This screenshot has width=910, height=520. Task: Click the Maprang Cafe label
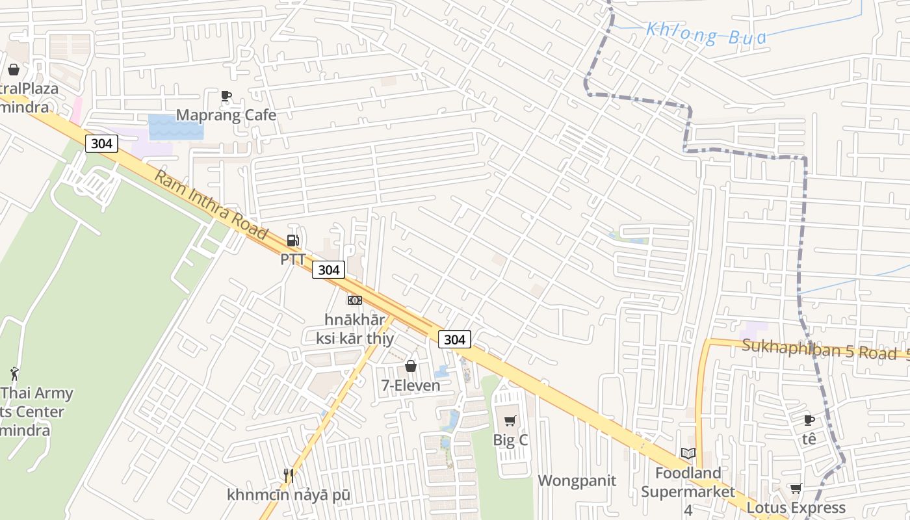click(x=226, y=115)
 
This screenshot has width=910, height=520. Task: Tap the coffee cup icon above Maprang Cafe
click(x=226, y=96)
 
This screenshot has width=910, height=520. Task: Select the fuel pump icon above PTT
click(x=293, y=241)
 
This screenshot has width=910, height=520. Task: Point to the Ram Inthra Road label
click(x=211, y=204)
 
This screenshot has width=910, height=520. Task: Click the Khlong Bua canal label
click(x=707, y=34)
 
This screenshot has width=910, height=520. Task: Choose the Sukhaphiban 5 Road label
click(x=819, y=349)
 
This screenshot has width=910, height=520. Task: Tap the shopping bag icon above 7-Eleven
click(x=411, y=367)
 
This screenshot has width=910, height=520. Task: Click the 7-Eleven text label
click(x=411, y=385)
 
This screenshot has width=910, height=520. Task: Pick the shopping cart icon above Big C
click(x=510, y=421)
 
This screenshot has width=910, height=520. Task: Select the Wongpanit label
click(x=577, y=481)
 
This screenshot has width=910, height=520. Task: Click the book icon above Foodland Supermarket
click(x=688, y=454)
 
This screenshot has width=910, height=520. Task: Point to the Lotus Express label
click(x=796, y=508)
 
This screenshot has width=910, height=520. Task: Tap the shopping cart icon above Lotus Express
click(x=796, y=488)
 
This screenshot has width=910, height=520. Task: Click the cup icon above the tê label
click(x=809, y=421)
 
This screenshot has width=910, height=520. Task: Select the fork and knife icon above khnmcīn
click(x=289, y=476)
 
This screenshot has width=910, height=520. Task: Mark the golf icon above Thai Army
click(x=14, y=374)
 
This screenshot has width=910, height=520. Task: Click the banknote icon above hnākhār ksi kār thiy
click(x=354, y=300)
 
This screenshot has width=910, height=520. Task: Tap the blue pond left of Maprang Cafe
click(x=175, y=127)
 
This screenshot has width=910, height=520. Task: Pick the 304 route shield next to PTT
click(x=328, y=270)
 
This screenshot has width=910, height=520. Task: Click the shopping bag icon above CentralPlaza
click(x=14, y=70)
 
